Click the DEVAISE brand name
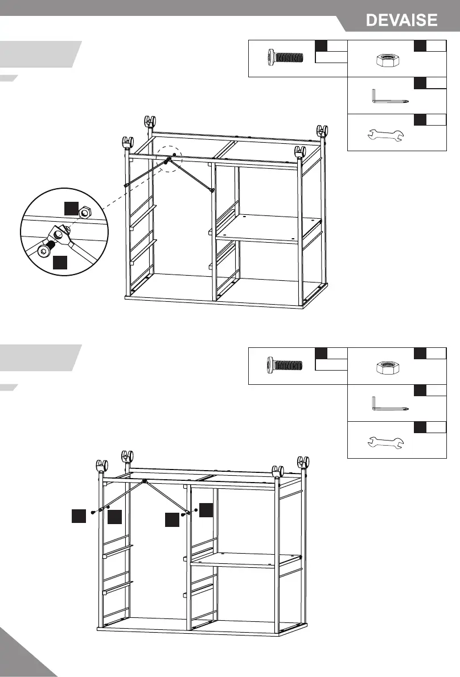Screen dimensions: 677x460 (x=401, y=20)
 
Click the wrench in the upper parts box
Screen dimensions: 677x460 (x=385, y=135)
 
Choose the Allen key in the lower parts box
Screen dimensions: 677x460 (x=389, y=404)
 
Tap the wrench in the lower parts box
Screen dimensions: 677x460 (x=385, y=441)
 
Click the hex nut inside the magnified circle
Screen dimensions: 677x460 (x=84, y=213)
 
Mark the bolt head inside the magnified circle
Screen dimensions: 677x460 (x=43, y=250)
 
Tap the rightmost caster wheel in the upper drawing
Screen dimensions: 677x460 (x=323, y=130)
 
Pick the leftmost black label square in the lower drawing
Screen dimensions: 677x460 (x=78, y=516)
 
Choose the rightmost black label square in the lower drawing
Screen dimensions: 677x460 (x=206, y=509)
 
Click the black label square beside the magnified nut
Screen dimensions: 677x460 (x=71, y=208)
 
